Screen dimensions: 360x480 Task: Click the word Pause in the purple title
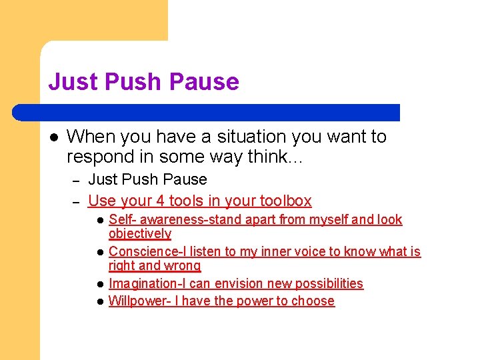(x=204, y=82)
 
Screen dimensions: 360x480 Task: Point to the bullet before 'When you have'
(x=53, y=137)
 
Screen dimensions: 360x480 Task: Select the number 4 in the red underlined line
(x=159, y=201)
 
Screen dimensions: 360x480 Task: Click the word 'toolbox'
(x=285, y=201)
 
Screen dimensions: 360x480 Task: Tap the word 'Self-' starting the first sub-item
(x=123, y=219)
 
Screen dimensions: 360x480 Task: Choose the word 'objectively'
(x=140, y=234)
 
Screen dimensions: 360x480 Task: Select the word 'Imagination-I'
(x=147, y=283)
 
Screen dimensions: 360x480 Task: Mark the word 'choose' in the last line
(x=313, y=301)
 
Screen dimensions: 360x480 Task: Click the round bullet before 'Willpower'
(x=99, y=301)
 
